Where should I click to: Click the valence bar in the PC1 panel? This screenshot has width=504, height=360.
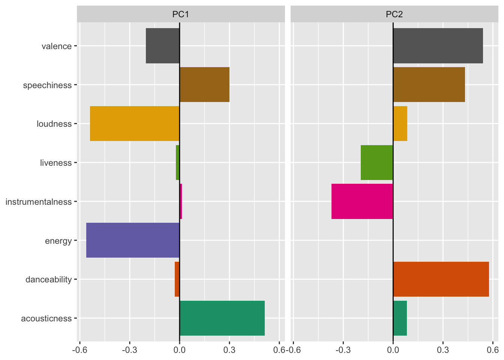point(163,46)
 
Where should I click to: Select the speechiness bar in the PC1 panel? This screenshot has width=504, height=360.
point(204,85)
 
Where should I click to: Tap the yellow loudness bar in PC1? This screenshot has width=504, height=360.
point(135,124)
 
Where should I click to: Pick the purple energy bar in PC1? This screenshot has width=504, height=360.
point(133,240)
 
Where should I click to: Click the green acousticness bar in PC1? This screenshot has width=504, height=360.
point(222,318)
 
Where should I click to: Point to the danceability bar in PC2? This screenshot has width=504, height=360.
point(441,279)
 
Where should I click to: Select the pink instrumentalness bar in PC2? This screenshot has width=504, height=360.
point(362,201)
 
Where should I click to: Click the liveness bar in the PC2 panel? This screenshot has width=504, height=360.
point(377,163)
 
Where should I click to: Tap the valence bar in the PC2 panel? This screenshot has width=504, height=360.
point(438,46)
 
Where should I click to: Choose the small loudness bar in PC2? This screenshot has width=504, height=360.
point(400,124)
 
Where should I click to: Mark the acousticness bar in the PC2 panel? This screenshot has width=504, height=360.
point(400,318)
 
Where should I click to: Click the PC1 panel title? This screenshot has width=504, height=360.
point(180,15)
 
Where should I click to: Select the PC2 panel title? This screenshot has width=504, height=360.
point(394,15)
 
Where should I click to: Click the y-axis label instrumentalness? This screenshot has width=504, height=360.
point(39,202)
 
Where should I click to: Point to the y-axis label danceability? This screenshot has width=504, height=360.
point(48,280)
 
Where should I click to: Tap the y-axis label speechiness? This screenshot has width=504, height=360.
point(47,85)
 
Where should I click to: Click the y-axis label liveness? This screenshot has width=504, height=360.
point(56,163)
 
